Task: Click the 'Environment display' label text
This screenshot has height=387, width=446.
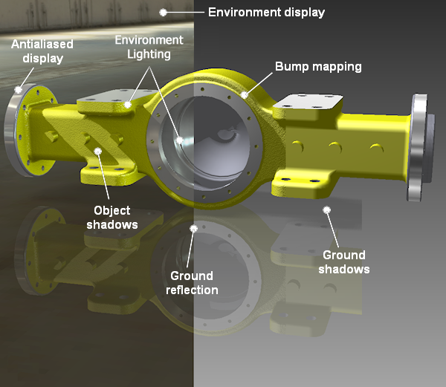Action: tap(266, 12)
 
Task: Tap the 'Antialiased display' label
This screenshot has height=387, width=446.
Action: tap(37, 51)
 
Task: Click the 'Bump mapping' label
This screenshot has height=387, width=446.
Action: tap(318, 67)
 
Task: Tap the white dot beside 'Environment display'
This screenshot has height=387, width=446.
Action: tap(164, 12)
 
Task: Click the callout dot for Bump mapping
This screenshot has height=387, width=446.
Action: tap(245, 95)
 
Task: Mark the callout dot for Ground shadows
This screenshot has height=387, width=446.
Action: tap(326, 210)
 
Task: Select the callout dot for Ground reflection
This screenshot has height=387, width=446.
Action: tap(193, 229)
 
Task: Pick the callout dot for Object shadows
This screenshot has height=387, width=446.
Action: tap(98, 152)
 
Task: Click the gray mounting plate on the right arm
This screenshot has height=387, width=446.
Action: tap(311, 104)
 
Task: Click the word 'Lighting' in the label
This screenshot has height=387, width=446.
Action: tap(149, 53)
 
